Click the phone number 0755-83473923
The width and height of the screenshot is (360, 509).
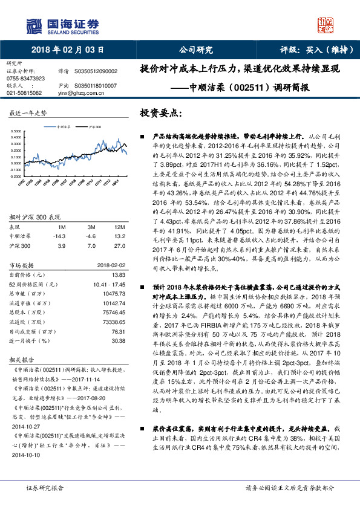25,79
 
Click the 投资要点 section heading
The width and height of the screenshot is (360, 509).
160,113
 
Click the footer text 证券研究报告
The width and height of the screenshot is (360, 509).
45,487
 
